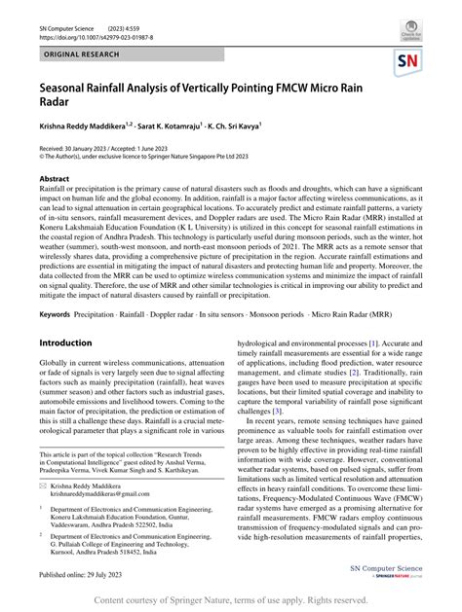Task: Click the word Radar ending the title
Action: (57, 105)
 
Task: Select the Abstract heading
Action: (54, 180)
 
